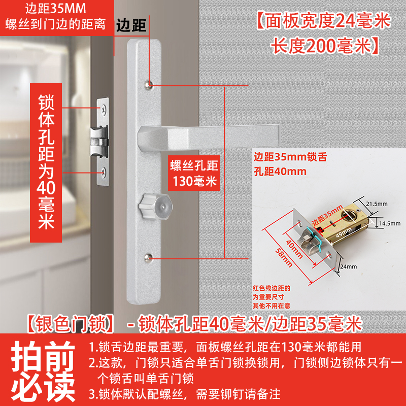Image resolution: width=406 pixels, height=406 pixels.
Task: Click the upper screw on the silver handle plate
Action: point(148,85)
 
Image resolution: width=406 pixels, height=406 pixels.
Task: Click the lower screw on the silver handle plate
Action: point(148,258)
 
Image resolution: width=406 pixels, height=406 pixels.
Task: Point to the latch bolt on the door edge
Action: point(99,142)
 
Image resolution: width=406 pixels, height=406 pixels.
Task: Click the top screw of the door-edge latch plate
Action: point(104,110)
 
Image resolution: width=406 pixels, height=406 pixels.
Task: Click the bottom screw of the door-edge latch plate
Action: point(104,171)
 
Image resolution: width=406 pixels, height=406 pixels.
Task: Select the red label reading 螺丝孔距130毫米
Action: point(194,173)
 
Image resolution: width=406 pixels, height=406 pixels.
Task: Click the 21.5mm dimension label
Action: point(377,204)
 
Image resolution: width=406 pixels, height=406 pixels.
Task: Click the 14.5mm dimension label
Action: point(390,223)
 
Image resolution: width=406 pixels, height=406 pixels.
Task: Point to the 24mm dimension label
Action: point(348,266)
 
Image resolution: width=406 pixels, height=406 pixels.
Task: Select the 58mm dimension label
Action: point(284,257)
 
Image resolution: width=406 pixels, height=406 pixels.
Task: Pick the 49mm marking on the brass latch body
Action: point(344,232)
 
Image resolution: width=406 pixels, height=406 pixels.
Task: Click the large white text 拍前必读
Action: point(43,371)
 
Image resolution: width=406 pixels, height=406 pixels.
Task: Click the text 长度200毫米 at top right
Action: point(325,46)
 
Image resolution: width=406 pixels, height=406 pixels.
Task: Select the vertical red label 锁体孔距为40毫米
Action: point(46,162)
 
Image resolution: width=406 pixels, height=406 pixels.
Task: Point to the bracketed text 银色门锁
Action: point(71,324)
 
